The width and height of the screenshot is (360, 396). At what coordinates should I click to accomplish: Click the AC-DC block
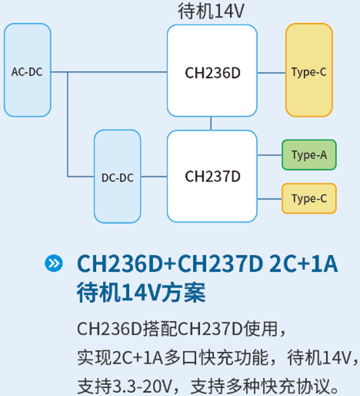pyautogui.click(x=27, y=71)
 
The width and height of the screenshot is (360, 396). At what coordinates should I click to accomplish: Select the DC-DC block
pyautogui.click(x=117, y=177)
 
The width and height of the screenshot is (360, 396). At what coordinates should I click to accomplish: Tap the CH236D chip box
pyautogui.click(x=212, y=71)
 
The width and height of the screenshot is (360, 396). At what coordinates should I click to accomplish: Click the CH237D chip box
pyautogui.click(x=212, y=176)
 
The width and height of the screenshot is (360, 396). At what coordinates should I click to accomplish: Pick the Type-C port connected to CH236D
pyautogui.click(x=308, y=71)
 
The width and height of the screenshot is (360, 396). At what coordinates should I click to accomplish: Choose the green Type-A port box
pyautogui.click(x=308, y=155)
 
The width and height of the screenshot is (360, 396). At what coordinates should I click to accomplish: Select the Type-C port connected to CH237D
pyautogui.click(x=308, y=198)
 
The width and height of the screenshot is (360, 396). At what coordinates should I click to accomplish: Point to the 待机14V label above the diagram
pyautogui.click(x=211, y=11)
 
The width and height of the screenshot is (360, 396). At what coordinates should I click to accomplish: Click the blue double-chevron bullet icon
pyautogui.click(x=54, y=264)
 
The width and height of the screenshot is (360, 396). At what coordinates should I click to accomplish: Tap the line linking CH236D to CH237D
pyautogui.click(x=211, y=123)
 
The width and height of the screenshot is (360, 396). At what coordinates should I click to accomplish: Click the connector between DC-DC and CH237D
pyautogui.click(x=154, y=177)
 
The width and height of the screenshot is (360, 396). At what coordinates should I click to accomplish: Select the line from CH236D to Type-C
pyautogui.click(x=271, y=71)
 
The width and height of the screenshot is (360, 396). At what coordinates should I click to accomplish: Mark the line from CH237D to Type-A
pyautogui.click(x=269, y=155)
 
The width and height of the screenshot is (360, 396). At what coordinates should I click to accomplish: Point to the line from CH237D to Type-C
pyautogui.click(x=269, y=198)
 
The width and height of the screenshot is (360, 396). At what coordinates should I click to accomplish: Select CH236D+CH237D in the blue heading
pyautogui.click(x=168, y=264)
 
